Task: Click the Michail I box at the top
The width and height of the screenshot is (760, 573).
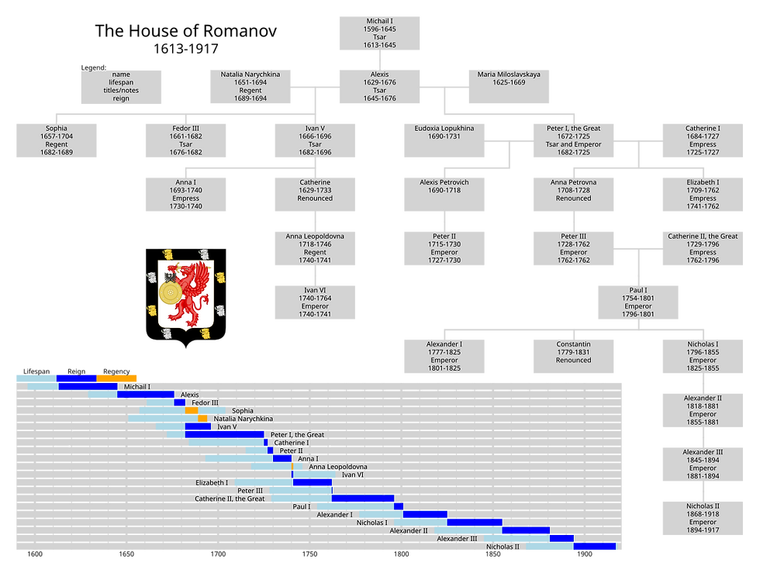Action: [x=380, y=33]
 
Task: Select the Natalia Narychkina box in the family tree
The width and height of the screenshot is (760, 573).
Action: [x=250, y=87]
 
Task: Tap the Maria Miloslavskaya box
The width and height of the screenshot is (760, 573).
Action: [x=509, y=87]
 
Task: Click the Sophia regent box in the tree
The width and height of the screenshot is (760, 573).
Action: [x=57, y=140]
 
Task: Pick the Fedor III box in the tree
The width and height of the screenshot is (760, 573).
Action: [x=185, y=140]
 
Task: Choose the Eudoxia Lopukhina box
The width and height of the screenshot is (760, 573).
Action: [x=444, y=140]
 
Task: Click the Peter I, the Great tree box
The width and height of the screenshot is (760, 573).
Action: [x=573, y=140]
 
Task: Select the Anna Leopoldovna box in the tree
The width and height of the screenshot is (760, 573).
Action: [x=315, y=248]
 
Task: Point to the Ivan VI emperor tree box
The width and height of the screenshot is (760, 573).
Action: [x=315, y=302]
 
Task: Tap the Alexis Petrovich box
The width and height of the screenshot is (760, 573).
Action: [x=444, y=194]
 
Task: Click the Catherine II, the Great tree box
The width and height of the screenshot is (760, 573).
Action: [x=703, y=248]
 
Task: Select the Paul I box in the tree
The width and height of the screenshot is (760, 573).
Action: [x=638, y=302]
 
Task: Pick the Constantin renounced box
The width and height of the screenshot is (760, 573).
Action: [x=573, y=356]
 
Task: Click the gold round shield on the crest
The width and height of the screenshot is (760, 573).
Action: [x=170, y=292]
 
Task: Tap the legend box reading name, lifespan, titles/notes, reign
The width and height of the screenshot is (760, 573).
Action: [x=121, y=87]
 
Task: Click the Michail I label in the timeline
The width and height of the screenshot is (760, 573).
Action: [x=137, y=386]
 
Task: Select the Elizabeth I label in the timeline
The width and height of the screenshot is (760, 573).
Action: [x=212, y=483]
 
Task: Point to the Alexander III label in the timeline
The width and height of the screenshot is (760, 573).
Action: [x=457, y=539]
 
